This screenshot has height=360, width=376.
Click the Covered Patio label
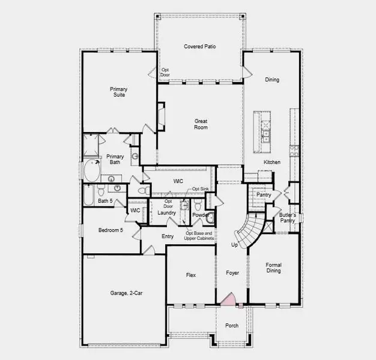coord(199,46)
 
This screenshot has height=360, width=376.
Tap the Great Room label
coord(201,124)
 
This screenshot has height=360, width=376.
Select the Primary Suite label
coord(118,92)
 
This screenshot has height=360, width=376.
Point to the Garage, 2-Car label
coord(126,293)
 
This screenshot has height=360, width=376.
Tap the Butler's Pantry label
coord(287,218)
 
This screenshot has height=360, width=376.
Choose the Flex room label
coord(190,275)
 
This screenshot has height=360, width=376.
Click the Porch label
coord(231,326)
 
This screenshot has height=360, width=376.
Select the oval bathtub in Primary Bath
coord(92,171)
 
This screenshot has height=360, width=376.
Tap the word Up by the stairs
coord(235,245)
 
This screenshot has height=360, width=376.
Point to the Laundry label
coord(166,213)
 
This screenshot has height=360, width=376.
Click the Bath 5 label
coord(106,200)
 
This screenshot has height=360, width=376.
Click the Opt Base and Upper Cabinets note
coord(199,236)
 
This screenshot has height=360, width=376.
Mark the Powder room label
coord(200,214)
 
